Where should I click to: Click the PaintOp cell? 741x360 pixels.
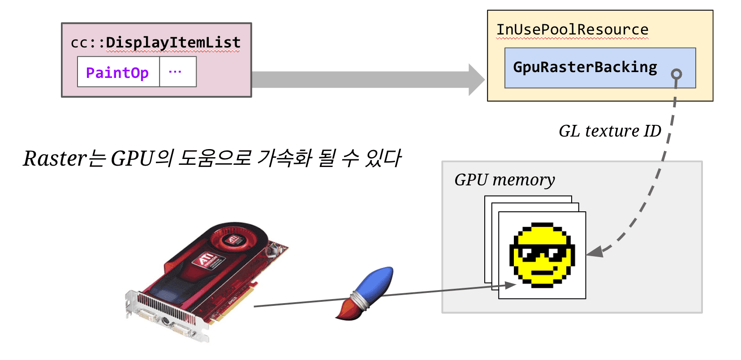click(117, 72)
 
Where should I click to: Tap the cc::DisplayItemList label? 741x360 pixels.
click(155, 43)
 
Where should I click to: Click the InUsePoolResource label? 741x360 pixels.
click(572, 30)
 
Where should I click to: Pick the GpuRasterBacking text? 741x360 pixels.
click(585, 67)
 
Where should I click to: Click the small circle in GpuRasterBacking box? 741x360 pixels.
click(676, 74)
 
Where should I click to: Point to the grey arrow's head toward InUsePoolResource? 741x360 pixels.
click(477, 80)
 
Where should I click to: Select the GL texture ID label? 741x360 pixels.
click(609, 131)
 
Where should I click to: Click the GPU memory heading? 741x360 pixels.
click(504, 180)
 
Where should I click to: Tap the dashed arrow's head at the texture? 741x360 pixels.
click(594, 253)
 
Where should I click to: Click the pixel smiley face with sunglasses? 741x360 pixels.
click(542, 254)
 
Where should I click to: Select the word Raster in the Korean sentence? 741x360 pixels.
click(54, 159)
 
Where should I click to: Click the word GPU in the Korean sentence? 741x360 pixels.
click(132, 159)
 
